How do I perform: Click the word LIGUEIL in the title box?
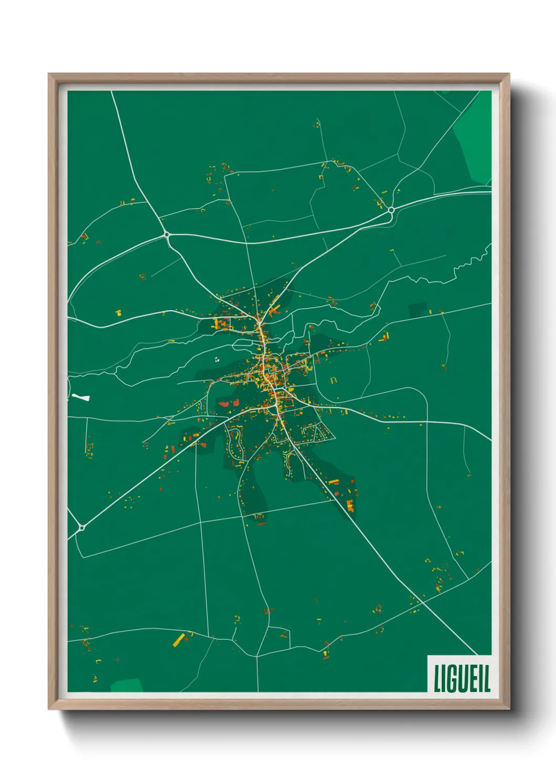461,678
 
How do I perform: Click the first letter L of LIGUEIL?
437,679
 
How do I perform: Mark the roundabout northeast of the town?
391,210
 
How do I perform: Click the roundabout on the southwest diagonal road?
82,527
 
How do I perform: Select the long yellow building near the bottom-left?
179,640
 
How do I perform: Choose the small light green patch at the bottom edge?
126,685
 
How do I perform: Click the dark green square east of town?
418,310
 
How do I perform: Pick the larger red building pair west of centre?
224,404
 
